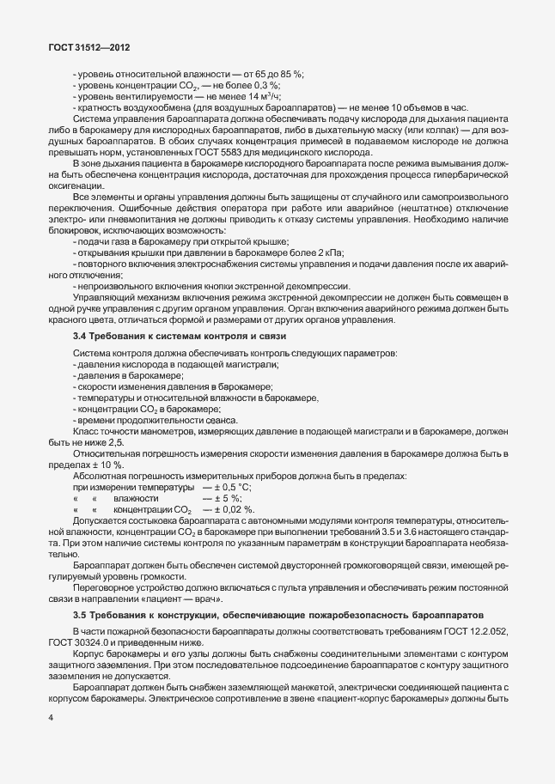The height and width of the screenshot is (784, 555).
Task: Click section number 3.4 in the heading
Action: click(x=81, y=334)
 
